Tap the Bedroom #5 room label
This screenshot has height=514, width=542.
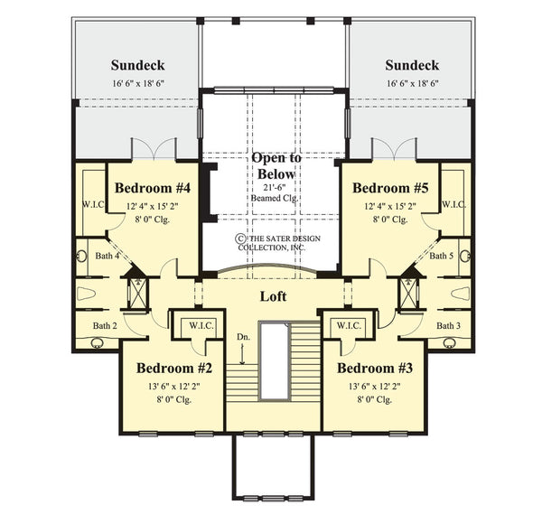390,188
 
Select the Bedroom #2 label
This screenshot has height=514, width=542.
173,368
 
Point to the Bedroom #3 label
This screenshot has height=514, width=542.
374,368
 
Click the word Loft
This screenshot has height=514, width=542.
274,295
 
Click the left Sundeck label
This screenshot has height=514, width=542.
136,65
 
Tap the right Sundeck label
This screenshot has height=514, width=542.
411,65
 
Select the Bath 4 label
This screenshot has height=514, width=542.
107,257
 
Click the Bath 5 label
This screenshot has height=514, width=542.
442,257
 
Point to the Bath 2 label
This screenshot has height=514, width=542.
105,325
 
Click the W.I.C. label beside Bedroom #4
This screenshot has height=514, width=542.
92,204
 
